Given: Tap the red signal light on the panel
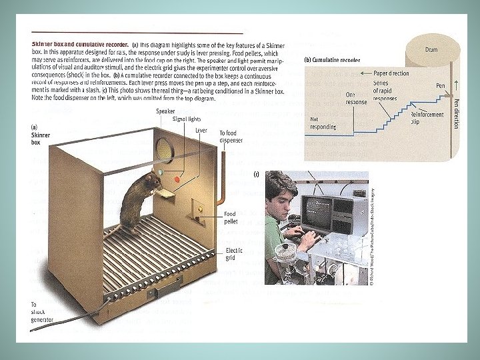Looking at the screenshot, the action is [x=177, y=179].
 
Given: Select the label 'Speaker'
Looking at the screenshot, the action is [x=166, y=111].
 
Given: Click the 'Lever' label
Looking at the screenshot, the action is [x=202, y=131].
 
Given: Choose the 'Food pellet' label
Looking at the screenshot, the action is [x=229, y=218].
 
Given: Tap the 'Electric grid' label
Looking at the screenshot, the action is [x=234, y=254].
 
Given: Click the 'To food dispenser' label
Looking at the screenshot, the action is [x=232, y=137].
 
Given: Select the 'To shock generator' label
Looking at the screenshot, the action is [x=41, y=312].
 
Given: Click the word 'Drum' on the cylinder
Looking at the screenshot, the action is [x=431, y=50].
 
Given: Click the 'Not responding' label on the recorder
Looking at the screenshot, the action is [x=323, y=123].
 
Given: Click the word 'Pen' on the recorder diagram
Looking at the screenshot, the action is [x=440, y=85].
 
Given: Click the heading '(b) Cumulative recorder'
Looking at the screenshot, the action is [x=332, y=60].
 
